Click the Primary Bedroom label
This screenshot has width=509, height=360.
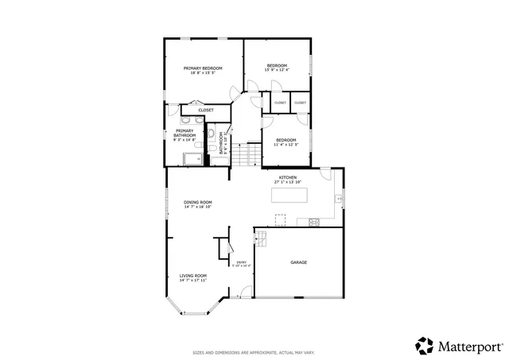click(203, 68)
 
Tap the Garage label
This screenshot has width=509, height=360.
click(298, 262)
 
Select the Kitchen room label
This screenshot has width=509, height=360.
click(288, 176)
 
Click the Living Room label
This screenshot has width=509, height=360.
click(192, 276)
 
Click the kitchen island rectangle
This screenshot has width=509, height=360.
click(289, 195)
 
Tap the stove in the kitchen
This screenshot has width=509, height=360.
click(315, 220)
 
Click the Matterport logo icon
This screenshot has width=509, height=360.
click(424, 346)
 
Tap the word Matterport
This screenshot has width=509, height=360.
click(469, 346)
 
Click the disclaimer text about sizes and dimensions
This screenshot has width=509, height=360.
click(254, 351)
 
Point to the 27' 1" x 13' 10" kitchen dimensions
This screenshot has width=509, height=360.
click(288, 182)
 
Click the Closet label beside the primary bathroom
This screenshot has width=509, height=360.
click(205, 110)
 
